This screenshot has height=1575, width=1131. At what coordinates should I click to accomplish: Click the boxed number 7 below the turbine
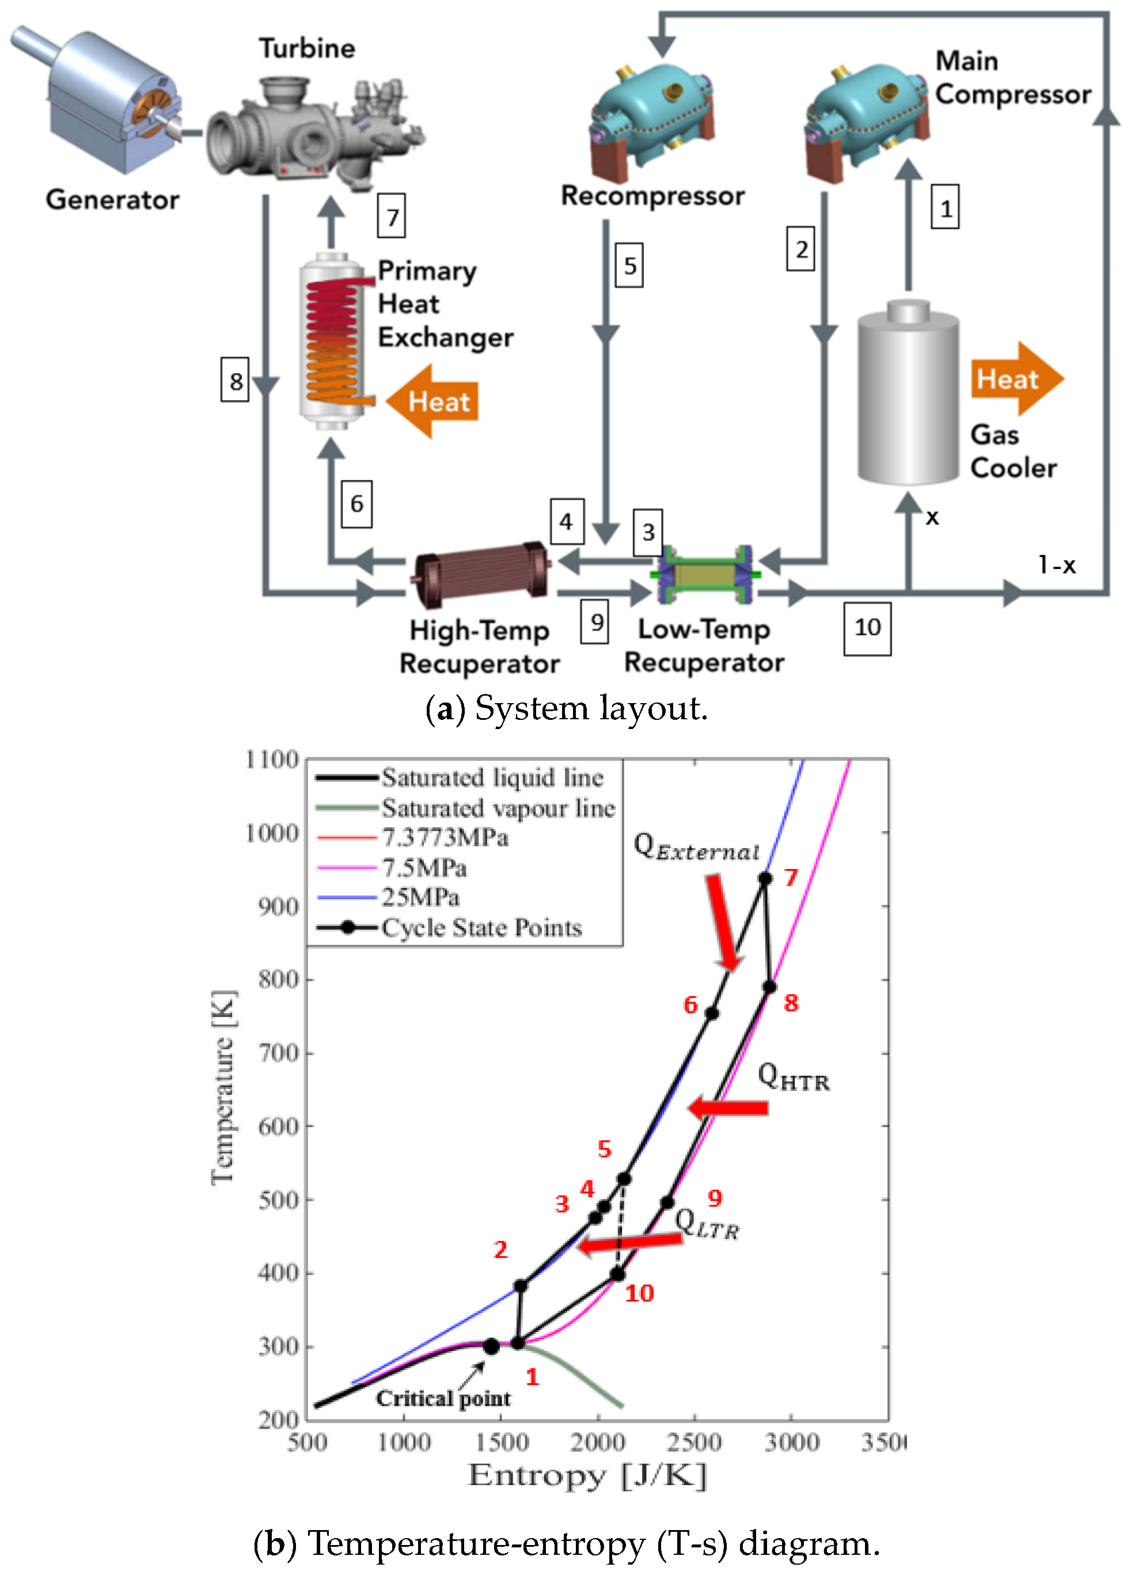(392, 216)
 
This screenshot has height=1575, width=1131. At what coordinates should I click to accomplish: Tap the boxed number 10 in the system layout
(867, 628)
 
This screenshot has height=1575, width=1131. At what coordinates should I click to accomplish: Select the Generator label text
(112, 200)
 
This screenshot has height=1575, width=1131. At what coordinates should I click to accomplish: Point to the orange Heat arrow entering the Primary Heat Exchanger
(432, 401)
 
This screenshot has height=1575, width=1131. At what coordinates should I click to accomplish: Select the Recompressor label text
(652, 196)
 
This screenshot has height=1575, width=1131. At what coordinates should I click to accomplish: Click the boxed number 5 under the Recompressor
(629, 265)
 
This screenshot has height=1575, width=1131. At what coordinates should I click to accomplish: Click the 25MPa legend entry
(420, 897)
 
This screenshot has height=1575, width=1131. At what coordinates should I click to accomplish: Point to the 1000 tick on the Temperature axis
(272, 833)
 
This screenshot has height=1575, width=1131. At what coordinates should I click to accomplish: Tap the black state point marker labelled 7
(765, 878)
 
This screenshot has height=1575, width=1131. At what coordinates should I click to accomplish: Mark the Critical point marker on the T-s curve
(491, 1346)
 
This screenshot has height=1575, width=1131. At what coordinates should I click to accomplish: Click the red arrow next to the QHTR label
(729, 1107)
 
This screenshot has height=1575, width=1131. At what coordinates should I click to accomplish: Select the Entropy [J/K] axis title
(587, 1477)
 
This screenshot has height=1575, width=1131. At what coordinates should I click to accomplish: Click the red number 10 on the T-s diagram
(639, 1293)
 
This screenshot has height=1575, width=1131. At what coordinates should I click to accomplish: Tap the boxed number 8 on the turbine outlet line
(236, 380)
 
